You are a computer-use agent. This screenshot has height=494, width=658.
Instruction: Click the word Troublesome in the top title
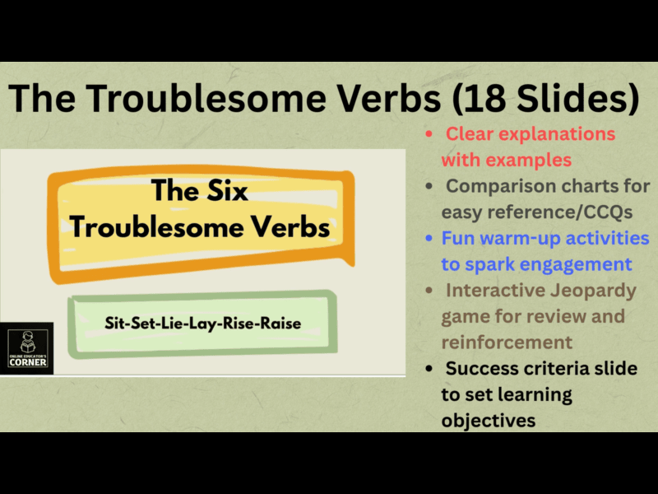point(202,100)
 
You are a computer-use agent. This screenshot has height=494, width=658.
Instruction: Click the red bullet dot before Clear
point(429,133)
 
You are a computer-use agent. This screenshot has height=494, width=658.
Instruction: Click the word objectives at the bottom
point(489,420)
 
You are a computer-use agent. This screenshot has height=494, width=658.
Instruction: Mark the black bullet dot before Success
point(429,368)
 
